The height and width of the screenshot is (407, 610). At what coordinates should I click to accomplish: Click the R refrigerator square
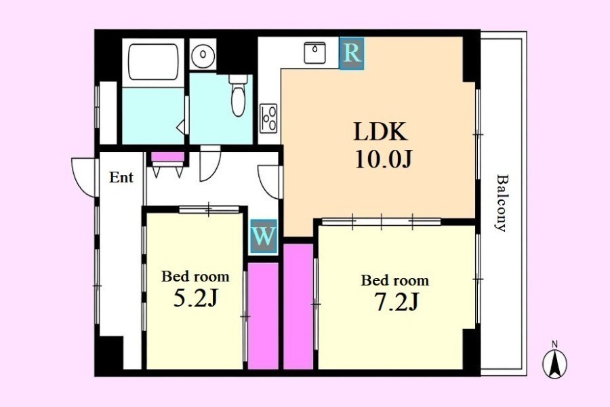352,54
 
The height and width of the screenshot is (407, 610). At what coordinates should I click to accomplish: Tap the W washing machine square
264,237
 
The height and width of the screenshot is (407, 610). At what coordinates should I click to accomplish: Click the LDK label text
380,132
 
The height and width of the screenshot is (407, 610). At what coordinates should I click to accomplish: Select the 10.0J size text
383,159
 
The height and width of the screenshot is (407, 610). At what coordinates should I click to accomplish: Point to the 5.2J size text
195,298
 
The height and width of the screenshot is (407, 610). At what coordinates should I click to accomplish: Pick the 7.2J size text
396,302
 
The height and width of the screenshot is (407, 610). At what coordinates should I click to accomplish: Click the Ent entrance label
121,178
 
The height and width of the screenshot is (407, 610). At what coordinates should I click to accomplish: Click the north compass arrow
554,363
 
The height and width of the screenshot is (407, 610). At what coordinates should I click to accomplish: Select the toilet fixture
238,95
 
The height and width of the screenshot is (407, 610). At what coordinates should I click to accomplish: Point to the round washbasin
203,54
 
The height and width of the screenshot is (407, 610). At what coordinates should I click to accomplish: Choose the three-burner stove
268,118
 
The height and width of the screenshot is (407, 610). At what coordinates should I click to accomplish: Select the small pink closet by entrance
167,157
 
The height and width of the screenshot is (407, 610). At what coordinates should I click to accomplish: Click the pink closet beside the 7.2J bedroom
298,306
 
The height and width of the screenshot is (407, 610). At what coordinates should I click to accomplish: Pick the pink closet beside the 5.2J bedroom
264,315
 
